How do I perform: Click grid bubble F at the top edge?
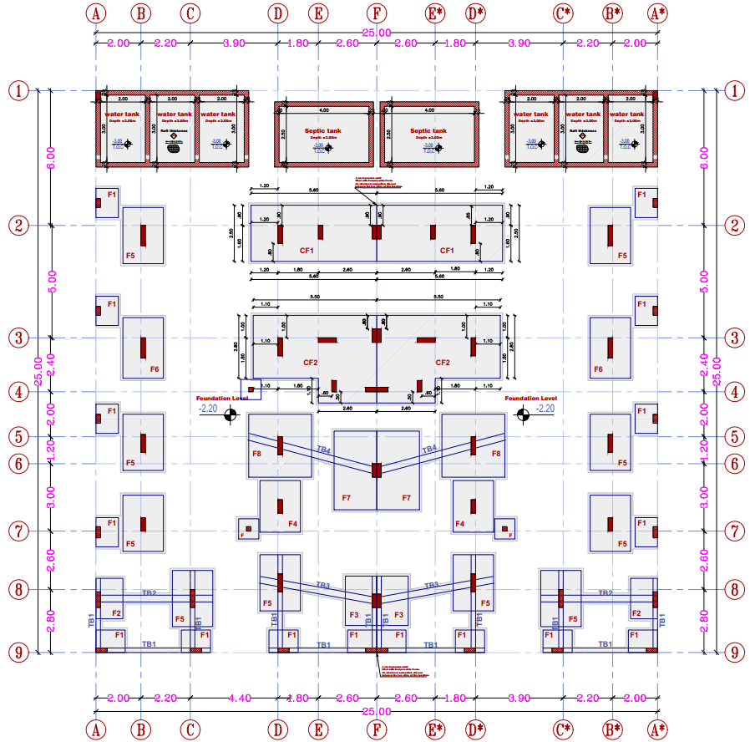377,14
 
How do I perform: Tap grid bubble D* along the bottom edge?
476,729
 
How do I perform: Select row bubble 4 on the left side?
18,391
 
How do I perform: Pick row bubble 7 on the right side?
734,531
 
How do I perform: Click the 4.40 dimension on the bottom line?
239,698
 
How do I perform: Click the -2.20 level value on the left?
207,409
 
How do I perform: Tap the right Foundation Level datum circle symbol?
523,415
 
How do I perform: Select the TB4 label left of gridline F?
323,450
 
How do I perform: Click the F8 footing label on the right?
496,453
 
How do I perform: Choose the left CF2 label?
310,363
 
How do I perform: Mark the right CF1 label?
447,250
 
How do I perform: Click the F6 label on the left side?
155,368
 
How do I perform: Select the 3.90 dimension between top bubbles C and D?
234,43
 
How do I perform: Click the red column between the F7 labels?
377,470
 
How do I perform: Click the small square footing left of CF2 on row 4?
251,389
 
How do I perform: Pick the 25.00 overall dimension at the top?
377,32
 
